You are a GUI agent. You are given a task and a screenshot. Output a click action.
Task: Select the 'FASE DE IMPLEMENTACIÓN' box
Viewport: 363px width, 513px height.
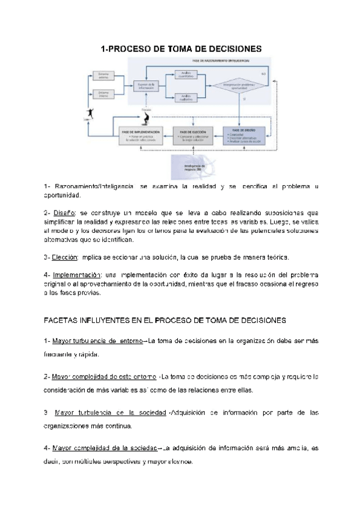pos(140,134)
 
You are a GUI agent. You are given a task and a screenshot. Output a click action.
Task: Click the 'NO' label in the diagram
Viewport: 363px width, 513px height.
pos(264,73)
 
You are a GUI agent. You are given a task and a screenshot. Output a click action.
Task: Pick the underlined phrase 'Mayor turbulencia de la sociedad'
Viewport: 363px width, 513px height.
pos(110,413)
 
